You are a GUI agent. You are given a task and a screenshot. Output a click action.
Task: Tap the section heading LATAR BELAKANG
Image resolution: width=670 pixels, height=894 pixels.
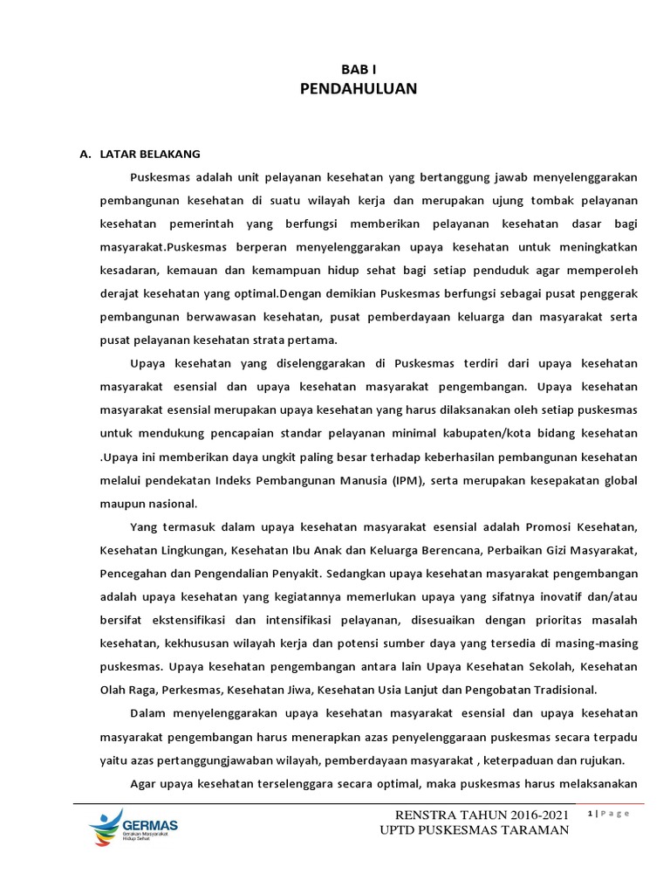coord(150,155)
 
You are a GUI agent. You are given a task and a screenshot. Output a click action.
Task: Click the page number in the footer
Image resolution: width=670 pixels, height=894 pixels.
coord(591,814)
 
